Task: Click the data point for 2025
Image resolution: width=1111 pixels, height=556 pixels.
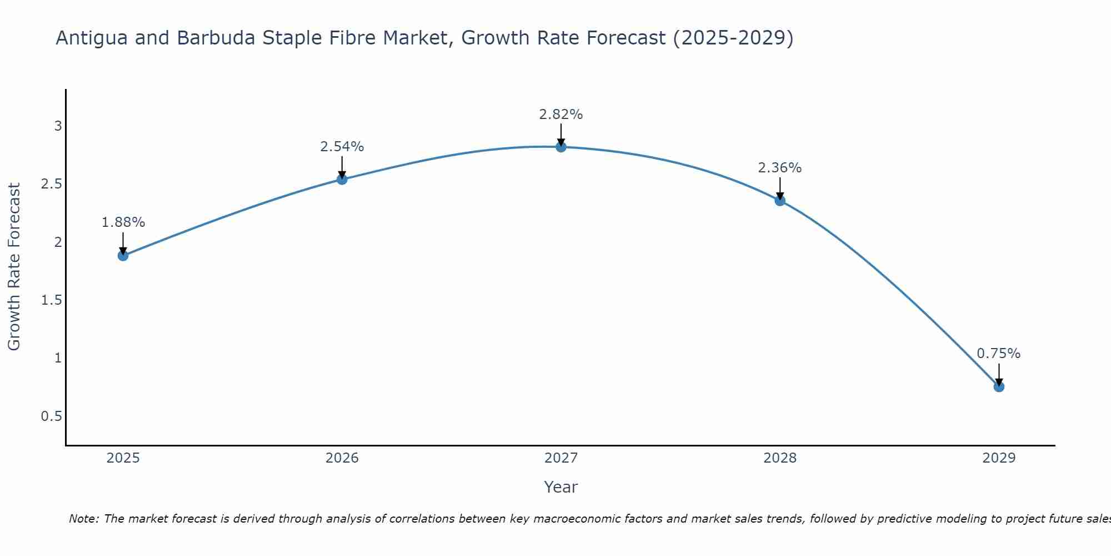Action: (x=123, y=256)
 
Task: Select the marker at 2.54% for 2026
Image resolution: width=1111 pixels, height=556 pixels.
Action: (x=342, y=179)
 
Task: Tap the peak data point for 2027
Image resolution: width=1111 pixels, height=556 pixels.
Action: (x=561, y=147)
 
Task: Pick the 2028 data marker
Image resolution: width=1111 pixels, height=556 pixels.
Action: (x=780, y=201)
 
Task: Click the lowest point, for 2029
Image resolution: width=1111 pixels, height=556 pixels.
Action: (x=999, y=386)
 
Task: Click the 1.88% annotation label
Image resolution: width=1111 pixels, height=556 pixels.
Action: (x=123, y=222)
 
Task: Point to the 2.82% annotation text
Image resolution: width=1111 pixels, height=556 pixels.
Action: (x=561, y=115)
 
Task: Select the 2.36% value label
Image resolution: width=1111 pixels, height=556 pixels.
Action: (x=780, y=168)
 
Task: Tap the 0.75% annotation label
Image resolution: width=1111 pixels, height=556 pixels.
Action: (x=999, y=354)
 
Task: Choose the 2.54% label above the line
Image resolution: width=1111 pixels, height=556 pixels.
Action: (x=342, y=147)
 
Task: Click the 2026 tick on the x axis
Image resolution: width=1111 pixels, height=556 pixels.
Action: (x=342, y=458)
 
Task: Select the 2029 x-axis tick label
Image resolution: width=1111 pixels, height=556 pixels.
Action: (x=999, y=458)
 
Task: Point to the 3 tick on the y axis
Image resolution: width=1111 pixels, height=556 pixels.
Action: (x=58, y=126)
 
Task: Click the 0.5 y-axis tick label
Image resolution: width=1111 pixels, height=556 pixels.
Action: (x=52, y=416)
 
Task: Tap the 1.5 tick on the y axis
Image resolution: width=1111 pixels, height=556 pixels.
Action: (x=52, y=300)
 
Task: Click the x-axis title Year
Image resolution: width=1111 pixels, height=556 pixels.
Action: (x=561, y=487)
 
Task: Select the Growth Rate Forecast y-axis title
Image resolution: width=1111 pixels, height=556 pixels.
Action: (x=14, y=267)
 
